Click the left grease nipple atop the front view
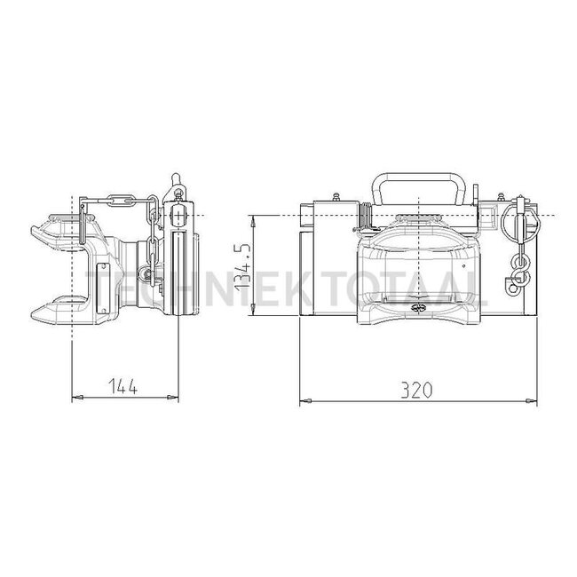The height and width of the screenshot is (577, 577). click(x=336, y=195)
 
